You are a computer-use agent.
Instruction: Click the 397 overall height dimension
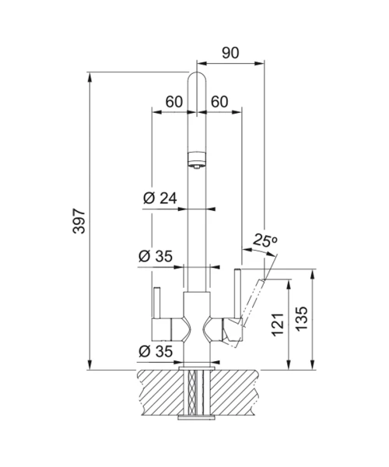[x=79, y=221]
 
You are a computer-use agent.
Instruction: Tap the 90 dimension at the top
[x=230, y=53]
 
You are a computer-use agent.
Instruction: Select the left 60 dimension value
[x=173, y=102]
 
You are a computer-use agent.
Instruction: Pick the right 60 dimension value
[x=219, y=102]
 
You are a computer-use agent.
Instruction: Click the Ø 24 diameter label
[x=159, y=198]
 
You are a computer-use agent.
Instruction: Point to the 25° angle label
[x=265, y=240]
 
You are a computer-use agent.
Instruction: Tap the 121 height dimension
[x=278, y=325]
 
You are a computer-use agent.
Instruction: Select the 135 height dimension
[x=302, y=318]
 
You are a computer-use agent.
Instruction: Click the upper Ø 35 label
[x=156, y=256]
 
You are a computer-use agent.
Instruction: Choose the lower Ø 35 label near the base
[x=156, y=352]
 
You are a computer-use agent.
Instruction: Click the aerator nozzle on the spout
[x=197, y=160]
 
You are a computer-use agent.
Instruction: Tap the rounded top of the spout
[x=197, y=78]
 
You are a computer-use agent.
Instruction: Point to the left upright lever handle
[x=157, y=303]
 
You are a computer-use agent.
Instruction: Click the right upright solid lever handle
[x=237, y=293]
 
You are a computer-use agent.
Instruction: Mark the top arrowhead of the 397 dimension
[x=89, y=77]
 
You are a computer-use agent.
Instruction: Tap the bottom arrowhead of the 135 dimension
[x=313, y=365]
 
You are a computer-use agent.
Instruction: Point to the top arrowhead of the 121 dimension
[x=289, y=284]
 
